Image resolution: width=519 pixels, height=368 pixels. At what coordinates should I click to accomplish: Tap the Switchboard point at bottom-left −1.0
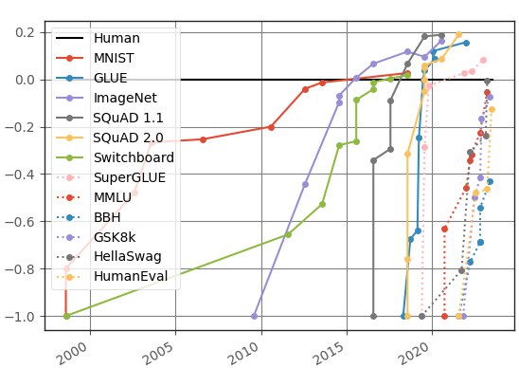click(x=66, y=316)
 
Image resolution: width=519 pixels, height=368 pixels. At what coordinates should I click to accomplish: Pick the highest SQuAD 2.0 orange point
click(x=458, y=35)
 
